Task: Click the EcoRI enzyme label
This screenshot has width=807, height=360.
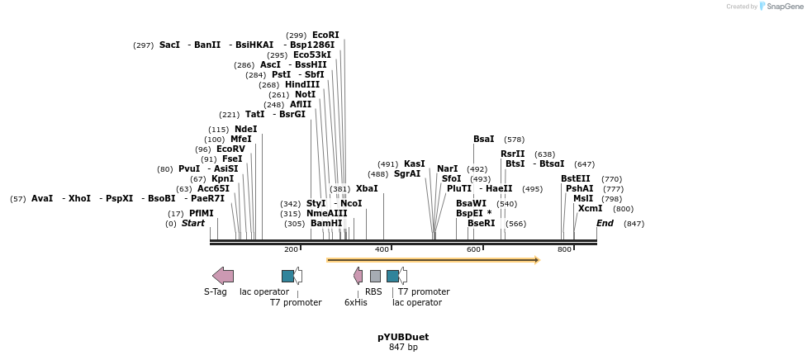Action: [x=325, y=36]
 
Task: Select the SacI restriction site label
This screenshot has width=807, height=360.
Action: [x=169, y=45]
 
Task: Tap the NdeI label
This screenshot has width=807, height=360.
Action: [x=245, y=130]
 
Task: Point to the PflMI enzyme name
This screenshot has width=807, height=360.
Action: [x=202, y=214]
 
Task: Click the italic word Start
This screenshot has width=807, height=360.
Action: [x=193, y=224]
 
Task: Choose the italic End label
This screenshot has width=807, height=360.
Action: [x=605, y=224]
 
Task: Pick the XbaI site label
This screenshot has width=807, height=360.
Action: [x=367, y=189]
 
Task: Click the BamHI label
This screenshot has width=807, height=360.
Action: [x=326, y=224]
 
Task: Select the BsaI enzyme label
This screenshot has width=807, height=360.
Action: [x=484, y=140]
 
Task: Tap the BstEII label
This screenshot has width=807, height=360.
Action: [x=576, y=179]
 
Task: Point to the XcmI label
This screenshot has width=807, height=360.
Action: [x=591, y=209]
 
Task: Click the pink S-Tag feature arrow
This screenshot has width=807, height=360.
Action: [x=223, y=276]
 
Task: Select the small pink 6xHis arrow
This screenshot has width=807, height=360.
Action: [x=358, y=276]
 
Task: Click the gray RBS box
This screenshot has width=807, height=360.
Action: [x=375, y=276]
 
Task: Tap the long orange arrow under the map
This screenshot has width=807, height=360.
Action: [x=433, y=260]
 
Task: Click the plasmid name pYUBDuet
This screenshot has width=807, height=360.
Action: [x=403, y=337]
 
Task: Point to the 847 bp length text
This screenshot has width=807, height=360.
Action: [x=403, y=348]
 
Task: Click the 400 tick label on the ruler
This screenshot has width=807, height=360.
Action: [x=382, y=249]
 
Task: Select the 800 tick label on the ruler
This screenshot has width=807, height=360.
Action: [x=564, y=249]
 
